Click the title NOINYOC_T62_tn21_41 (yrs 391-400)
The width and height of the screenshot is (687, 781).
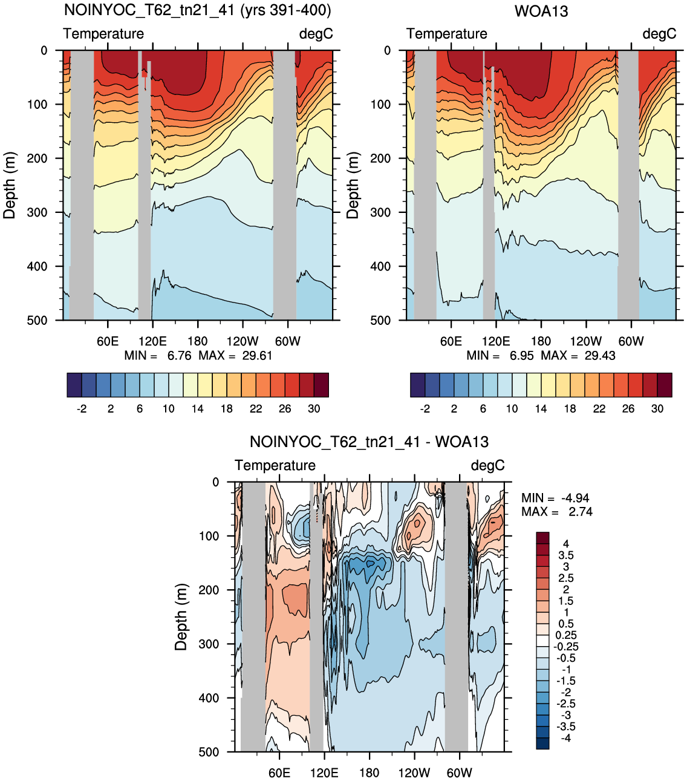point(197,10)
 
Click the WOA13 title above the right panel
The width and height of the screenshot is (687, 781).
point(541,11)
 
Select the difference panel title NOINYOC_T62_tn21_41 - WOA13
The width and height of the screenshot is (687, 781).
point(369,442)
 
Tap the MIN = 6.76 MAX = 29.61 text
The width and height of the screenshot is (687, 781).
point(198,356)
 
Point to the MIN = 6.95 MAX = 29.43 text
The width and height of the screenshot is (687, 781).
point(541,356)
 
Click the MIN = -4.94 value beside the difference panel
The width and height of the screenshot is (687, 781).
point(555,498)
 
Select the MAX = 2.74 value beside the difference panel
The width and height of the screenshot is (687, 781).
point(557,512)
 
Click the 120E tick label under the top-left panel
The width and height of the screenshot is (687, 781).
point(152,341)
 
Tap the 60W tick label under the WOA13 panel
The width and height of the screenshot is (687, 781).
point(631,341)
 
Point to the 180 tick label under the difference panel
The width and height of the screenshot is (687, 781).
point(369,773)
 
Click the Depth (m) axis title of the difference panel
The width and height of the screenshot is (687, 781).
point(181,617)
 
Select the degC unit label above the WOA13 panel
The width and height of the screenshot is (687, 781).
point(659,34)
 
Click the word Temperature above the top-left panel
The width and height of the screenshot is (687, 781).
point(103,34)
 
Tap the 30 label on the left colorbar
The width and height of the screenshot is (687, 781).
point(314,408)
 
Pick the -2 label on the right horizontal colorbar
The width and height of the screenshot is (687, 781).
point(425,408)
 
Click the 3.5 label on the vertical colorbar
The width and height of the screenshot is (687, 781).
point(565,555)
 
